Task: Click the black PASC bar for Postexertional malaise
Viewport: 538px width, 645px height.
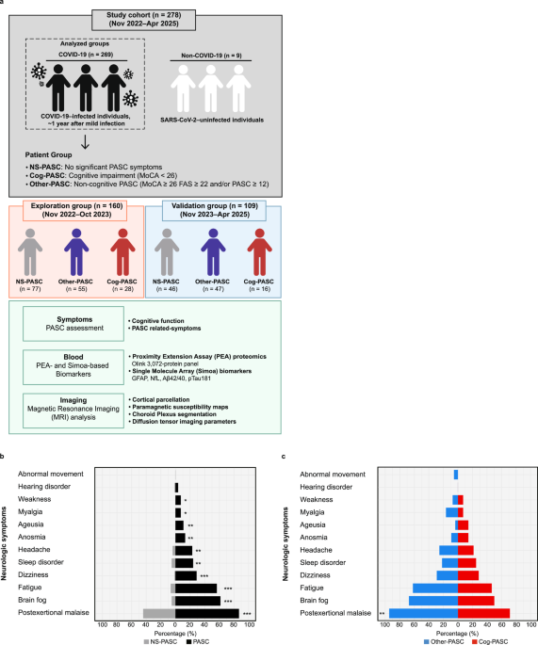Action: click(x=207, y=613)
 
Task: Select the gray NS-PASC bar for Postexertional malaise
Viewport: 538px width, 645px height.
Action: click(x=159, y=613)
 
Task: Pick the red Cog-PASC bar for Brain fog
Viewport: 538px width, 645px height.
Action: click(x=476, y=600)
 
